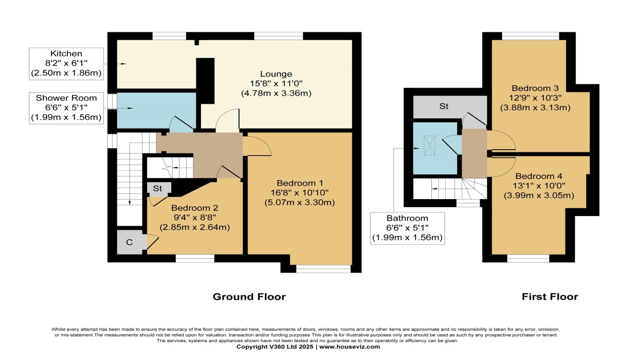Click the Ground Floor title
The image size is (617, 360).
point(249,297)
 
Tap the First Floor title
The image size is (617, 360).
point(550,297)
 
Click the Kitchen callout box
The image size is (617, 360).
point(66,64)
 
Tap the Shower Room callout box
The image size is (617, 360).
point(66,108)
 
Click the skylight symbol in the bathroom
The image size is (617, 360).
point(428,145)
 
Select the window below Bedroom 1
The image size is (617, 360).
point(323,268)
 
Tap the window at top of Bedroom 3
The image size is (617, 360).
point(530,35)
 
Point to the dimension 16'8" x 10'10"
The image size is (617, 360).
point(300,192)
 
